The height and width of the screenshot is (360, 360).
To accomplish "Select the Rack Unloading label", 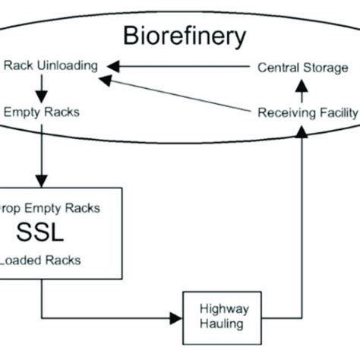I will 51,66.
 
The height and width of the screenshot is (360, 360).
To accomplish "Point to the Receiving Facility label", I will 307,112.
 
